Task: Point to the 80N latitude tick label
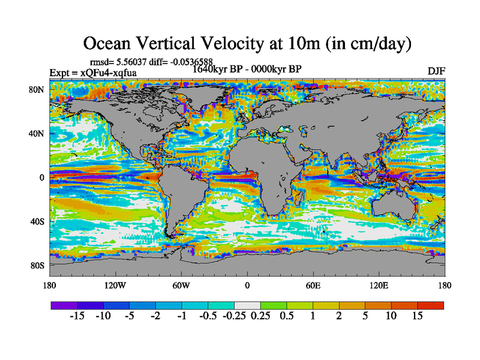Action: (37, 89)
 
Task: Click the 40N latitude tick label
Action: (37, 133)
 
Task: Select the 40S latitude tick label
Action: (37, 221)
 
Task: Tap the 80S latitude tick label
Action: (37, 265)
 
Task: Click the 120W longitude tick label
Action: (115, 284)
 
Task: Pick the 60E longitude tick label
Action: (313, 284)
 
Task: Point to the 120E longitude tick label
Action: (379, 284)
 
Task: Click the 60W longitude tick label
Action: (181, 284)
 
